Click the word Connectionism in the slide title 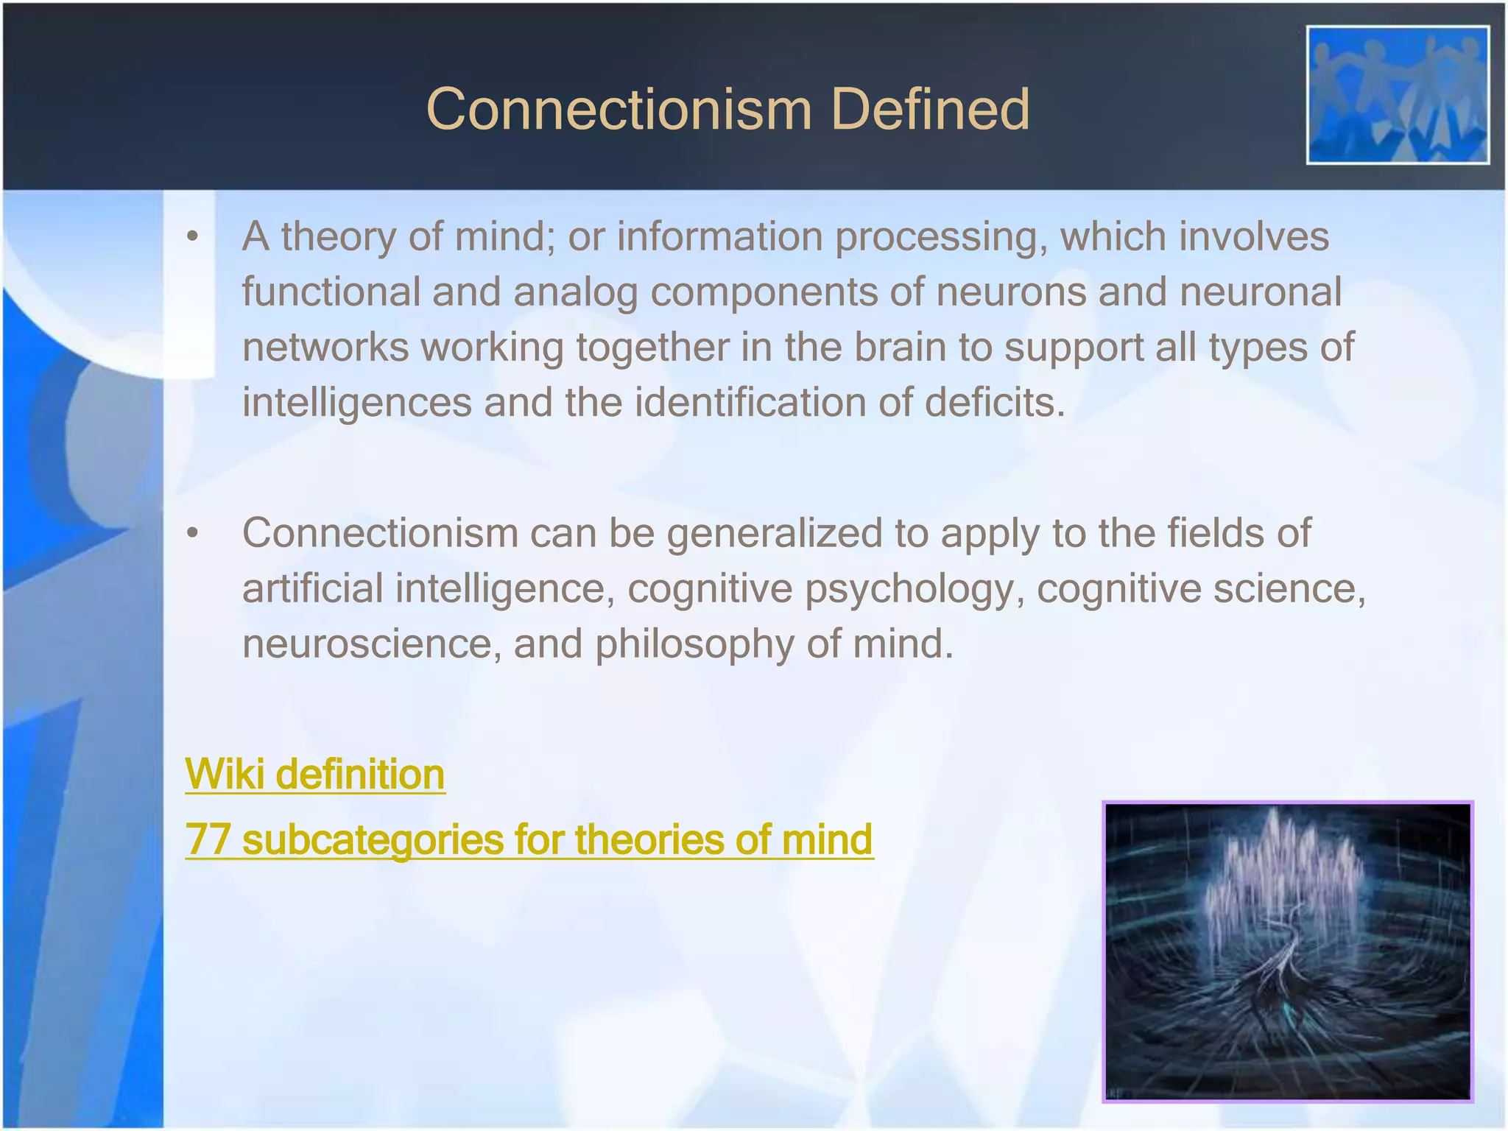click(x=619, y=109)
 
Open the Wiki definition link click(x=314, y=775)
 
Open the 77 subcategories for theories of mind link click(x=529, y=839)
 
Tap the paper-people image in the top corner click(x=1398, y=95)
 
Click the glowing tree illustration click(x=1287, y=951)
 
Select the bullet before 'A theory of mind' click(x=193, y=237)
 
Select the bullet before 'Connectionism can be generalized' click(x=193, y=534)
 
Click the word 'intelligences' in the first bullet click(x=356, y=403)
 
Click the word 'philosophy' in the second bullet click(x=694, y=644)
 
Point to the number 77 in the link click(x=207, y=839)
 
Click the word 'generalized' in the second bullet click(x=774, y=533)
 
